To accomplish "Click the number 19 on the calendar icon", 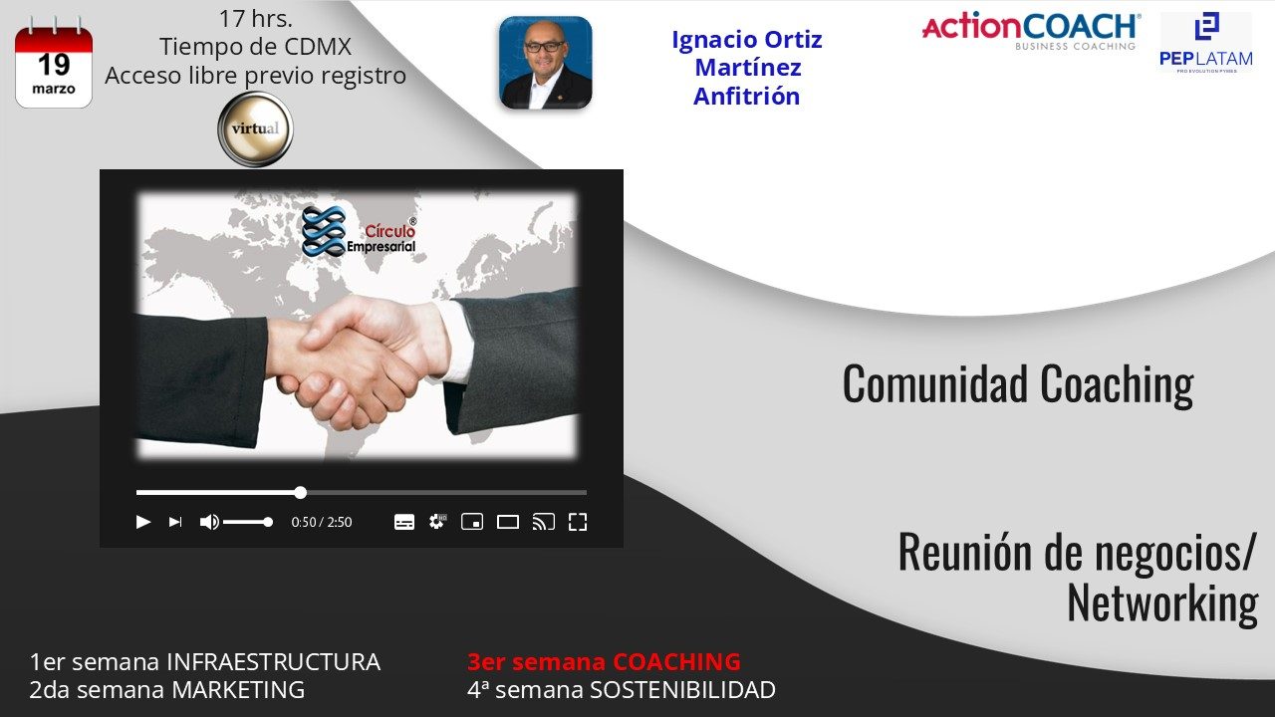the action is coord(54,65).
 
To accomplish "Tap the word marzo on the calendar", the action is coord(54,89).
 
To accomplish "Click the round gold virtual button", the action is coord(256,128).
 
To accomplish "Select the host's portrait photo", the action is coord(545,63).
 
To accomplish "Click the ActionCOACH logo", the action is coord(1031,31).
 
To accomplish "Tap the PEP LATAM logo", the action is coord(1206,43).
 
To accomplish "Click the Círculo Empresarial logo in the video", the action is coord(359,232).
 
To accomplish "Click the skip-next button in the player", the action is coord(175,522).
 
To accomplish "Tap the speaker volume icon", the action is coord(209,522).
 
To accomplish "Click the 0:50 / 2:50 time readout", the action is coord(322,522).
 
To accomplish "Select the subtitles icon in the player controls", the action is coord(404,522).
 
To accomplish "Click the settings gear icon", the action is coord(437,521).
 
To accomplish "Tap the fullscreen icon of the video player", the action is coord(578,522).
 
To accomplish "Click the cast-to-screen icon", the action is coord(543,522).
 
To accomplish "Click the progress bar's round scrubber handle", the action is coord(301,493).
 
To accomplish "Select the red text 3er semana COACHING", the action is coord(604,662).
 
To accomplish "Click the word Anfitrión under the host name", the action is coord(747,97).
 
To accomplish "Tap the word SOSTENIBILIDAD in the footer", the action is coord(682,690).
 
